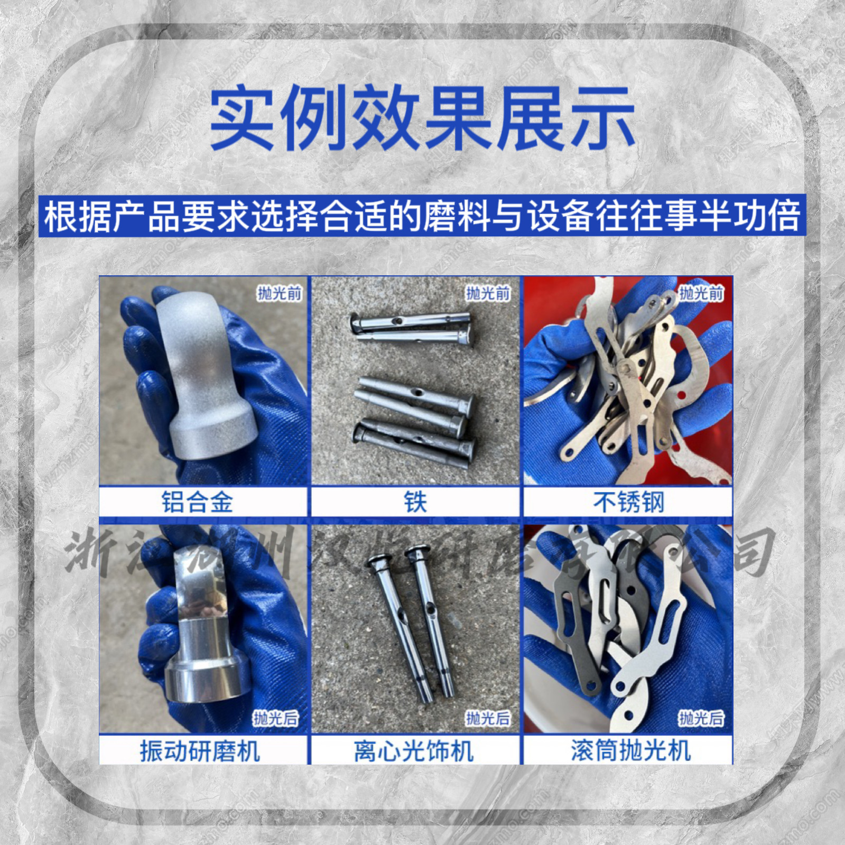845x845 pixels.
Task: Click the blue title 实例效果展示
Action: [422, 118]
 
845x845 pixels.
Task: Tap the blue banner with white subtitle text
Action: [422, 216]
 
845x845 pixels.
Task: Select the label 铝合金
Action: [197, 502]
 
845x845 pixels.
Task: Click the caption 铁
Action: [415, 502]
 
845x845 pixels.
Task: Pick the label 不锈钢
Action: [628, 502]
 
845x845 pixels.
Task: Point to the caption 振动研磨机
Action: [200, 750]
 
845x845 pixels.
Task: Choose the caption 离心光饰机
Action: [414, 750]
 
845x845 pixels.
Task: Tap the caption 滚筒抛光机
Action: [630, 750]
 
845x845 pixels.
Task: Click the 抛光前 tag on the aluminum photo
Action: [279, 293]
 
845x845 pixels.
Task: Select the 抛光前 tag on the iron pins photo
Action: [488, 293]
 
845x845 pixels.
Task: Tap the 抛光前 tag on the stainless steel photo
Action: [701, 293]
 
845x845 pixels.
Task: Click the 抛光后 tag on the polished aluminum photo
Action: [275, 718]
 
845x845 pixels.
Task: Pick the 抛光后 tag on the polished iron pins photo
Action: [488, 718]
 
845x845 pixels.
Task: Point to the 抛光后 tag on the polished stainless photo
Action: [701, 718]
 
